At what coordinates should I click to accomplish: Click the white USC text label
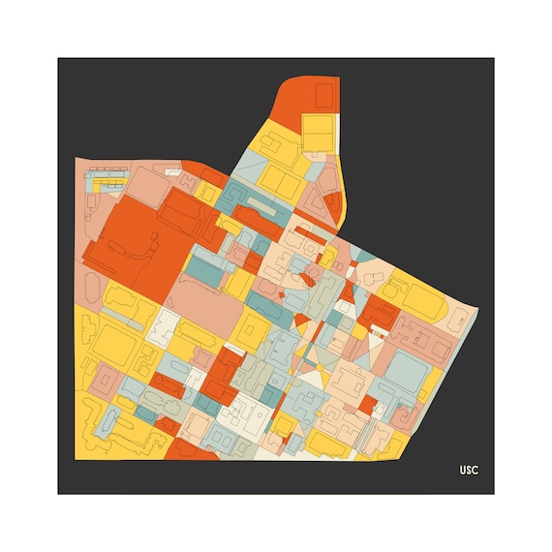pos(470,471)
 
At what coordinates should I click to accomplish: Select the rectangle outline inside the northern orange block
pos(323,94)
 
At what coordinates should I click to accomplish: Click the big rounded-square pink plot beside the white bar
pos(145,184)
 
